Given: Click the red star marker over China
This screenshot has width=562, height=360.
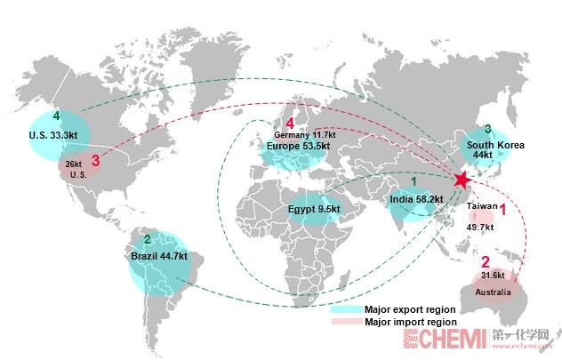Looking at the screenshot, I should (461, 180).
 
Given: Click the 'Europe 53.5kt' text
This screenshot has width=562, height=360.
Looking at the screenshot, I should (298, 146).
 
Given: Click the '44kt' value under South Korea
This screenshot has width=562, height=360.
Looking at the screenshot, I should (482, 156).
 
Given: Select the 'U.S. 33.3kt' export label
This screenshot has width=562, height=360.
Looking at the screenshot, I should (53, 135).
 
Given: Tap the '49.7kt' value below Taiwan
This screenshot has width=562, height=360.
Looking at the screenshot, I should (481, 227).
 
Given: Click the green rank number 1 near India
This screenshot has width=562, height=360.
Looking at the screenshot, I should (413, 182).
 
